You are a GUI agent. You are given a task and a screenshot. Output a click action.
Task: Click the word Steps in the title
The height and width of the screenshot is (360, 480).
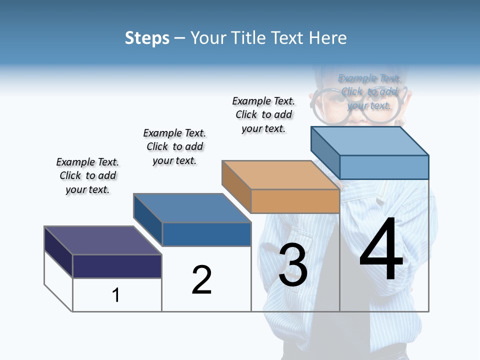pyautogui.click(x=147, y=38)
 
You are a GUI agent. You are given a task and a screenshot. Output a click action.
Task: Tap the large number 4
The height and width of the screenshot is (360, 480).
pyautogui.click(x=381, y=250)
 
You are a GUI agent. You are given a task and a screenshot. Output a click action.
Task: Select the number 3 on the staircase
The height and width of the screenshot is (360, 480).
pyautogui.click(x=293, y=265)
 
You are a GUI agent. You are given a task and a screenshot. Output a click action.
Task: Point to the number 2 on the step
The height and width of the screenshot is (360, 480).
pyautogui.click(x=201, y=280)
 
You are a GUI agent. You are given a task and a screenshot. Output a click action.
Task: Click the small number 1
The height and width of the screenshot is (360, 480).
pyautogui.click(x=116, y=295)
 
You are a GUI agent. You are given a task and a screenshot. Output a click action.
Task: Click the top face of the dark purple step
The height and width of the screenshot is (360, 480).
pyautogui.click(x=102, y=240)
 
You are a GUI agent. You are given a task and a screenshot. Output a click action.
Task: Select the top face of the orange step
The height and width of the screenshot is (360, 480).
pyautogui.click(x=280, y=175)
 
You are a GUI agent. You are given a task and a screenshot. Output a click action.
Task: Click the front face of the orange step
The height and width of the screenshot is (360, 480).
pyautogui.click(x=295, y=201)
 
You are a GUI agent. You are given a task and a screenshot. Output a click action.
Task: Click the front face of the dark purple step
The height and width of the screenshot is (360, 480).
pyautogui.click(x=117, y=266)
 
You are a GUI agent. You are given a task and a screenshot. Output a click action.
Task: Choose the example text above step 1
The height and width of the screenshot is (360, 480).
pyautogui.click(x=87, y=176)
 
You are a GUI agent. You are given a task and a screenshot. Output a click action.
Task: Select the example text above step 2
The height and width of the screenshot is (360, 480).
pyautogui.click(x=174, y=146)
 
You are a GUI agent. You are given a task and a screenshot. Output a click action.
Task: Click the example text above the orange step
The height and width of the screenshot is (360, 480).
pyautogui.click(x=263, y=114)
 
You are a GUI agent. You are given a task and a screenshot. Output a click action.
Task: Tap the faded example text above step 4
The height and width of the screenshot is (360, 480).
pyautogui.click(x=369, y=92)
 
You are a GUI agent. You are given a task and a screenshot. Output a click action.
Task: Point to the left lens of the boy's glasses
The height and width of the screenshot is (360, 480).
pyautogui.click(x=327, y=102)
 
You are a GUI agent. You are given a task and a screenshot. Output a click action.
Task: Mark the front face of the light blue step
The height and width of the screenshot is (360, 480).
pyautogui.click(x=384, y=167)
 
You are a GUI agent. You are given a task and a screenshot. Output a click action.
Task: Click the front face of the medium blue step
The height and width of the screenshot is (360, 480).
pyautogui.click(x=206, y=234)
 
